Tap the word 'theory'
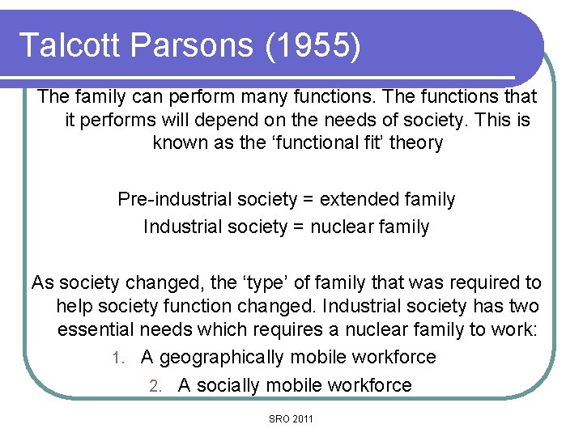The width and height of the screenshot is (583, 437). point(415,144)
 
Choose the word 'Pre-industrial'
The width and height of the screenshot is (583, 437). point(171,199)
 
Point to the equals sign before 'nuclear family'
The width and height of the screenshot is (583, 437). point(297,227)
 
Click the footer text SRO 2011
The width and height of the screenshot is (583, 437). point(291,418)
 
